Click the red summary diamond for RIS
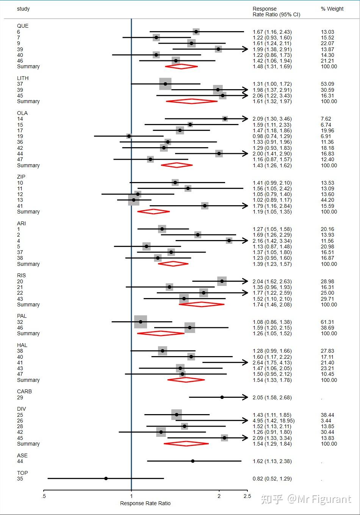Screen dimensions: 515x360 pyautogui.click(x=202, y=305)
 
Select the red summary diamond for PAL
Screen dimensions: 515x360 pyautogui.click(x=161, y=333)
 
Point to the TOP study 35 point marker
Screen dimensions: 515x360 pyautogui.click(x=106, y=479)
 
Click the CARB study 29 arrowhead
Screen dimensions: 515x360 pyautogui.click(x=245, y=397)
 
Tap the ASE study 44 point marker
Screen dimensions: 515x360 pyautogui.click(x=193, y=461)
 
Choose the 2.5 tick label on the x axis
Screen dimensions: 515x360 pyautogui.click(x=247, y=496)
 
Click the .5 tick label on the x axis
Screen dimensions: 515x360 pyautogui.click(x=44, y=496)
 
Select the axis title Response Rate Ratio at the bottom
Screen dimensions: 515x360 pyautogui.click(x=145, y=503)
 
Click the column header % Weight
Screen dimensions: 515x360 pyautogui.click(x=332, y=9)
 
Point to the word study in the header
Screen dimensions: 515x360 pyautogui.click(x=23, y=9)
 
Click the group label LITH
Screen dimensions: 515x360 pyautogui.click(x=23, y=78)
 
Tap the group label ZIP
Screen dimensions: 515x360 pyautogui.click(x=21, y=177)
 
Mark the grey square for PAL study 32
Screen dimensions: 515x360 pyautogui.click(x=141, y=322)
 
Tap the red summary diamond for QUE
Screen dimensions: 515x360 pyautogui.click(x=181, y=66)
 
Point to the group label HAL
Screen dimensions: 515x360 pyautogui.click(x=22, y=345)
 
